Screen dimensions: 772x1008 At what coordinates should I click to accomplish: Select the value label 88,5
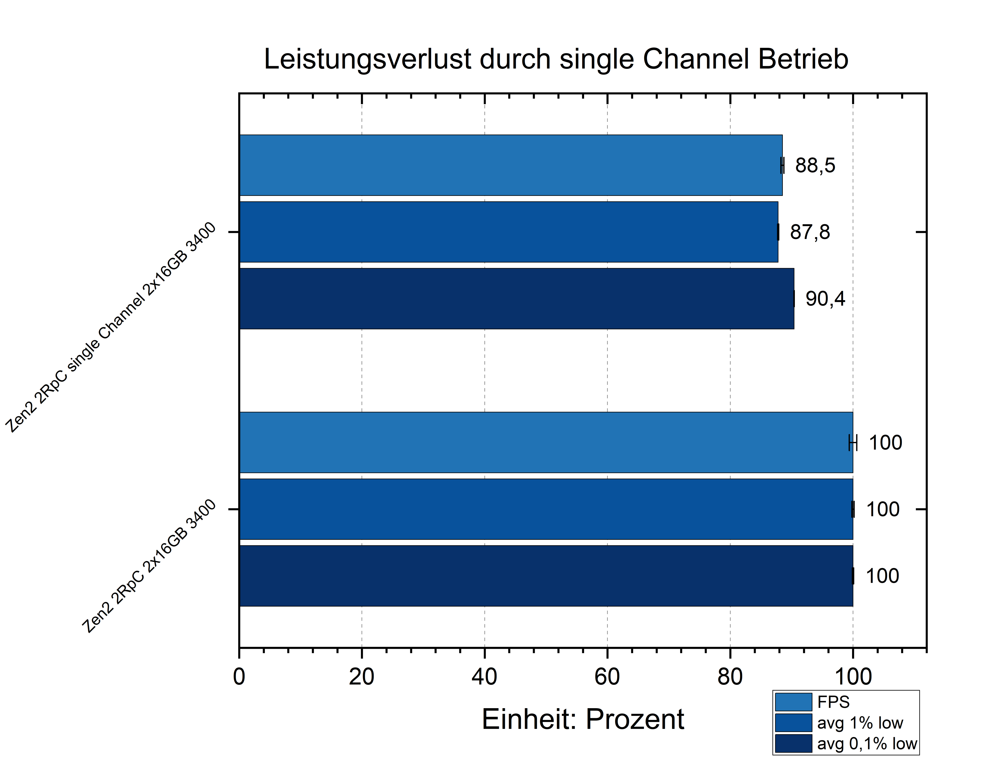pos(815,165)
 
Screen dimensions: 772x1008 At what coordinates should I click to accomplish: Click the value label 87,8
pos(810,232)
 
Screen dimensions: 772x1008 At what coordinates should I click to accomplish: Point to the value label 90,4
pos(825,299)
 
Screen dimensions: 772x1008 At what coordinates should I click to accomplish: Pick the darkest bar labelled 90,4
pos(514,299)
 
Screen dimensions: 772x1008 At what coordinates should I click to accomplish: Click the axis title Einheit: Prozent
pos(582,719)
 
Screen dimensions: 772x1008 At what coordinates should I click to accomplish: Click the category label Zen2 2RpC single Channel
pos(110,327)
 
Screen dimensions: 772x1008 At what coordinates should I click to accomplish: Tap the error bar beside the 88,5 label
pos(783,165)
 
